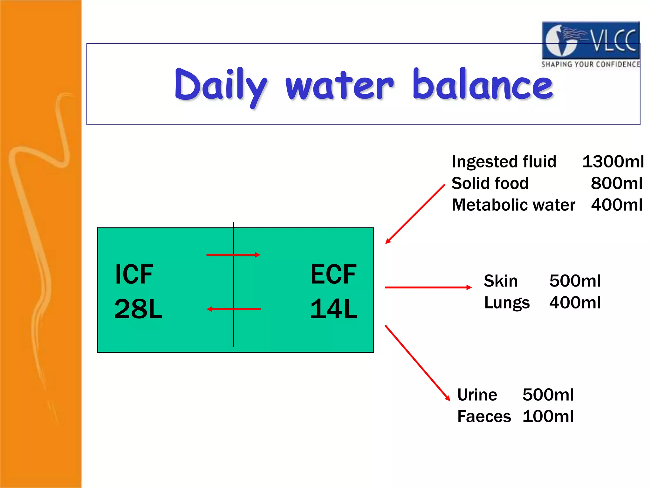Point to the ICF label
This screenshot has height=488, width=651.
134,274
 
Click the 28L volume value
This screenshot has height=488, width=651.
138,309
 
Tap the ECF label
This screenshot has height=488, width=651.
333,274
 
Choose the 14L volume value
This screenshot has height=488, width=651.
333,309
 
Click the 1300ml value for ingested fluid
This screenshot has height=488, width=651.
613,161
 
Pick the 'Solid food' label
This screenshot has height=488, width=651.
490,183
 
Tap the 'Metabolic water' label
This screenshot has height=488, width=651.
513,205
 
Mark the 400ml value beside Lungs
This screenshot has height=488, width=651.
575,302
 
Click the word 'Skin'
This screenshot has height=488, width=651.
501,281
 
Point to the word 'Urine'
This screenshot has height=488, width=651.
477,395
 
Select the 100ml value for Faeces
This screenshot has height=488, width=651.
548,417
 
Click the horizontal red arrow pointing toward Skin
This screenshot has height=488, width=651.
428,287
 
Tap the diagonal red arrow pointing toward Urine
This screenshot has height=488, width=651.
417,363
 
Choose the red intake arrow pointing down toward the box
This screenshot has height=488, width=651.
415,214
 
